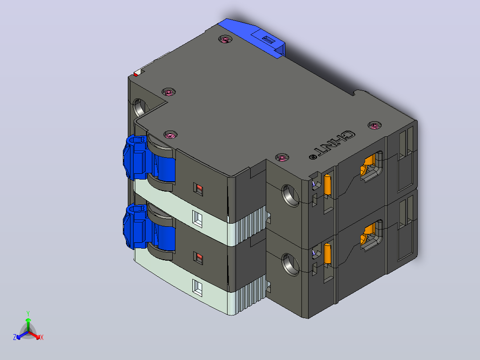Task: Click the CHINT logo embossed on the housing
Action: pyautogui.click(x=333, y=145)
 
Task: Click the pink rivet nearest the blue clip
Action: pyautogui.click(x=225, y=39)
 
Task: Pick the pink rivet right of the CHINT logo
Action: pyautogui.click(x=374, y=125)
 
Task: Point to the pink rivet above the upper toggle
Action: pyautogui.click(x=171, y=135)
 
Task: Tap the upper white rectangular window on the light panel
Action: pyautogui.click(x=197, y=219)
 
